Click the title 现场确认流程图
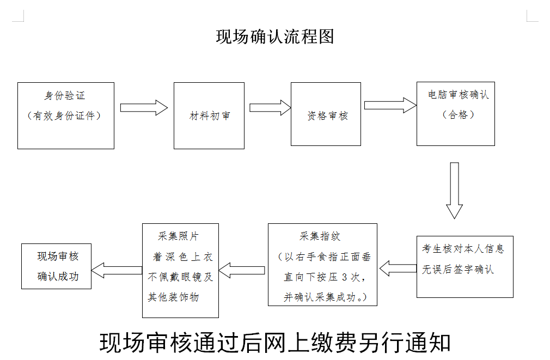(x=274, y=37)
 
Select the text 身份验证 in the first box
(x=65, y=96)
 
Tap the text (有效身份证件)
(x=65, y=115)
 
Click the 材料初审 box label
(x=210, y=116)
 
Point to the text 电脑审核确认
(x=458, y=95)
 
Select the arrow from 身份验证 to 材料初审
(x=144, y=108)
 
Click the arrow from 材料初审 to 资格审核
(x=270, y=108)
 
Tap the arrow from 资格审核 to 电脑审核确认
(x=390, y=106)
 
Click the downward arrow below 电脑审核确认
(x=454, y=191)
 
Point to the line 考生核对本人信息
(x=463, y=249)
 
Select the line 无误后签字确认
(x=457, y=269)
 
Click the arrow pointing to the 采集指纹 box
(x=398, y=268)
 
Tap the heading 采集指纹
(x=320, y=236)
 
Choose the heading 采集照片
(x=178, y=236)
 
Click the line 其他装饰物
(x=173, y=297)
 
